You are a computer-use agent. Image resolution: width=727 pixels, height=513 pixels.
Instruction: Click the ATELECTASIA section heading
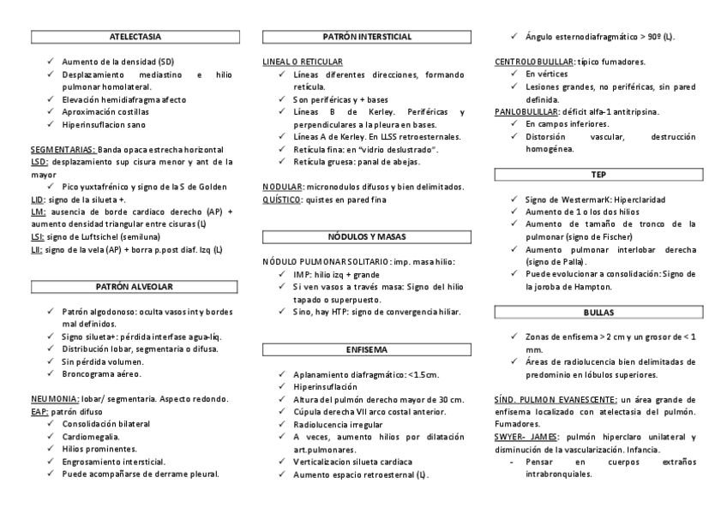(135, 37)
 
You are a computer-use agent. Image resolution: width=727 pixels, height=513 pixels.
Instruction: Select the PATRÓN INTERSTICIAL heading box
(367, 37)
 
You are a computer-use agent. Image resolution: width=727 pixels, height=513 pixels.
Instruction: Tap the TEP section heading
(598, 175)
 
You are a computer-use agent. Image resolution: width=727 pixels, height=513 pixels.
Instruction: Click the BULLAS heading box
(598, 313)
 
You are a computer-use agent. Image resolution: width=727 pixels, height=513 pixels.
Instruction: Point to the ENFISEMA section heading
(367, 350)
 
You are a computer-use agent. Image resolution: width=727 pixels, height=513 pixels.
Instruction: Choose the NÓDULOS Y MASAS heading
(367, 235)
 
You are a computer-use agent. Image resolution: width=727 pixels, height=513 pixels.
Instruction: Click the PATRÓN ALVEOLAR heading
(135, 285)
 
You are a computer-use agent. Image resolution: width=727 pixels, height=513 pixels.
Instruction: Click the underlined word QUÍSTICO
(281, 200)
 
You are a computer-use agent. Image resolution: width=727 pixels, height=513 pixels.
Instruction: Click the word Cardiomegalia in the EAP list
(91, 436)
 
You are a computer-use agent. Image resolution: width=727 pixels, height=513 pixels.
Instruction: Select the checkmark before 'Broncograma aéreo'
(52, 374)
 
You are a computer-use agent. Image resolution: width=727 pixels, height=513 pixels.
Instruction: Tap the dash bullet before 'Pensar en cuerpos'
(512, 462)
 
